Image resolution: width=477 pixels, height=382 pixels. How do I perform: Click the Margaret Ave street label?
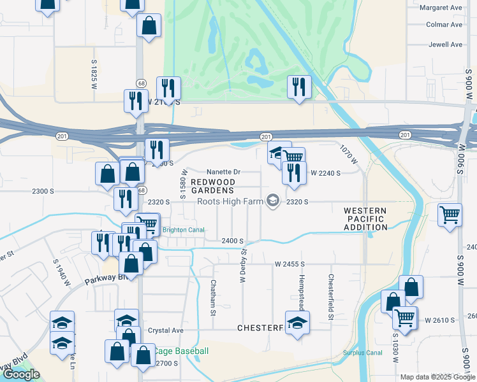[441, 7]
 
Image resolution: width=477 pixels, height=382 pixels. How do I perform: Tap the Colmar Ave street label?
[444, 25]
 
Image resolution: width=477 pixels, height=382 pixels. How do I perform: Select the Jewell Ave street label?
[446, 45]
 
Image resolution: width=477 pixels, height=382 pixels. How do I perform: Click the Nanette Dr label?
[223, 172]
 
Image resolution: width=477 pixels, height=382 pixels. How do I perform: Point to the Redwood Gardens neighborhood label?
[213, 186]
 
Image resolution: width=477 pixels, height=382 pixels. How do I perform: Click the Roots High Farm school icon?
[273, 201]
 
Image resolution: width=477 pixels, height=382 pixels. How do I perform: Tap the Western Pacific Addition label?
[365, 218]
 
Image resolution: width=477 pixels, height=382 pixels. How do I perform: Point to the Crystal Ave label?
[165, 330]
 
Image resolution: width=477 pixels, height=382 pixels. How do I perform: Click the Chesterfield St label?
[331, 288]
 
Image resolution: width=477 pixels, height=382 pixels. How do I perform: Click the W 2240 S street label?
[325, 173]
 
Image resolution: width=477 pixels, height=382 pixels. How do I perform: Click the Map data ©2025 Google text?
[437, 376]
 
